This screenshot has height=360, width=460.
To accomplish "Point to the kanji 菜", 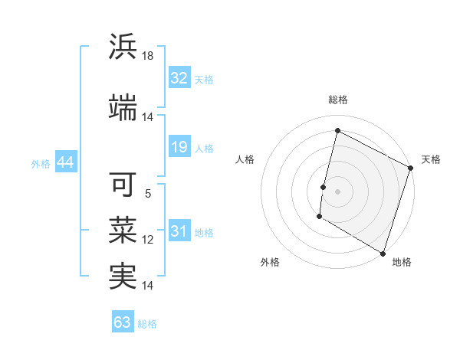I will point(123,230).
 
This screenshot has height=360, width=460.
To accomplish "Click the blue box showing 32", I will point(179,78).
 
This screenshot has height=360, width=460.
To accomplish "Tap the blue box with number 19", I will point(179,147).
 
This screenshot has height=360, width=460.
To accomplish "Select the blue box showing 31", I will point(179,232).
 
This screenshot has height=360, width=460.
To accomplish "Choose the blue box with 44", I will point(65,163).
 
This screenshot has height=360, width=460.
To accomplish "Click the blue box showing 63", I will point(123,322).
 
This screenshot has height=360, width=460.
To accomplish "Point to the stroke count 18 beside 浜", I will point(148,56).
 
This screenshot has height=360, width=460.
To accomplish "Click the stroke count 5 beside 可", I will point(148,194).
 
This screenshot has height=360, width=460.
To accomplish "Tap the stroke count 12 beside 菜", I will point(148,240).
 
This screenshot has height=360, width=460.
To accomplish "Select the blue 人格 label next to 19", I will point(204,148).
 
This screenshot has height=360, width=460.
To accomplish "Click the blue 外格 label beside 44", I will point(41,163).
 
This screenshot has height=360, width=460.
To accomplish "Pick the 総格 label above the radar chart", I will point(337,100).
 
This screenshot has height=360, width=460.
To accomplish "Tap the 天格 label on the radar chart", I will point(431,159).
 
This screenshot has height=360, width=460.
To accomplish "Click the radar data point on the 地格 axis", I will point(383,252).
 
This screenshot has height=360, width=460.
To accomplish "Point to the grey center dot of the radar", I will point(337,191).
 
